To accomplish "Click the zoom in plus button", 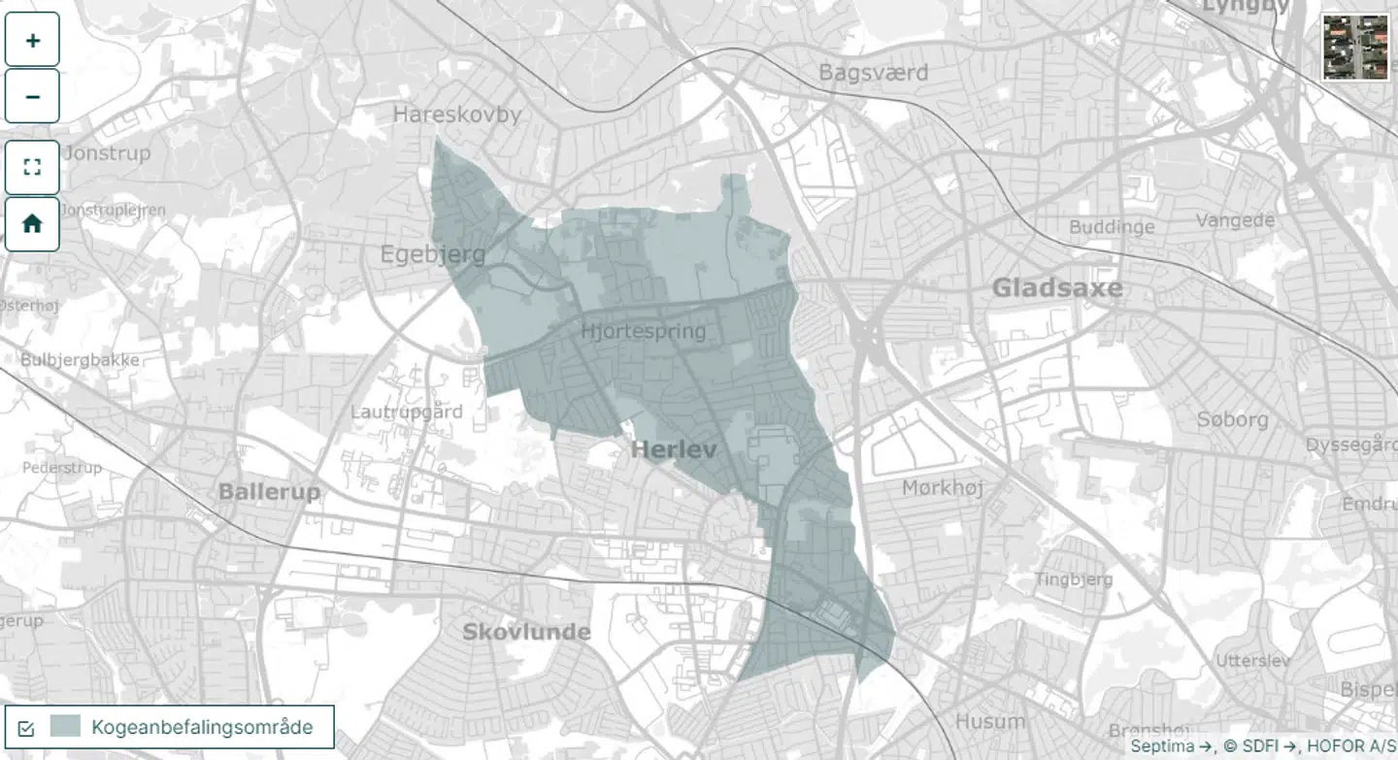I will [32, 40].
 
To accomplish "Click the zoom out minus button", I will [32, 97].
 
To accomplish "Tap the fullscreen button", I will [32, 167].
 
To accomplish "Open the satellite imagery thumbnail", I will [1355, 47].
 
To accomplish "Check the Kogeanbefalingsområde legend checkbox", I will [26, 727].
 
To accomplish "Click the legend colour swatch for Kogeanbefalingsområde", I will [65, 726].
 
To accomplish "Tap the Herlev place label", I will [673, 449].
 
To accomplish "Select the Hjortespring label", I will [643, 332].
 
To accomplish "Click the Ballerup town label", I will [269, 491].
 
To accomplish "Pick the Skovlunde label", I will [525, 632].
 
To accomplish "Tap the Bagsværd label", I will [873, 73].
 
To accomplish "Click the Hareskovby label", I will [456, 115].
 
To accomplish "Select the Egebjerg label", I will [432, 255].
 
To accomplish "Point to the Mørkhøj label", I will [942, 487].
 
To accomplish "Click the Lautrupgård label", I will [406, 412].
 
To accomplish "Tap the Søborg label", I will [1232, 419].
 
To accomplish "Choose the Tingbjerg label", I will [1073, 579].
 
